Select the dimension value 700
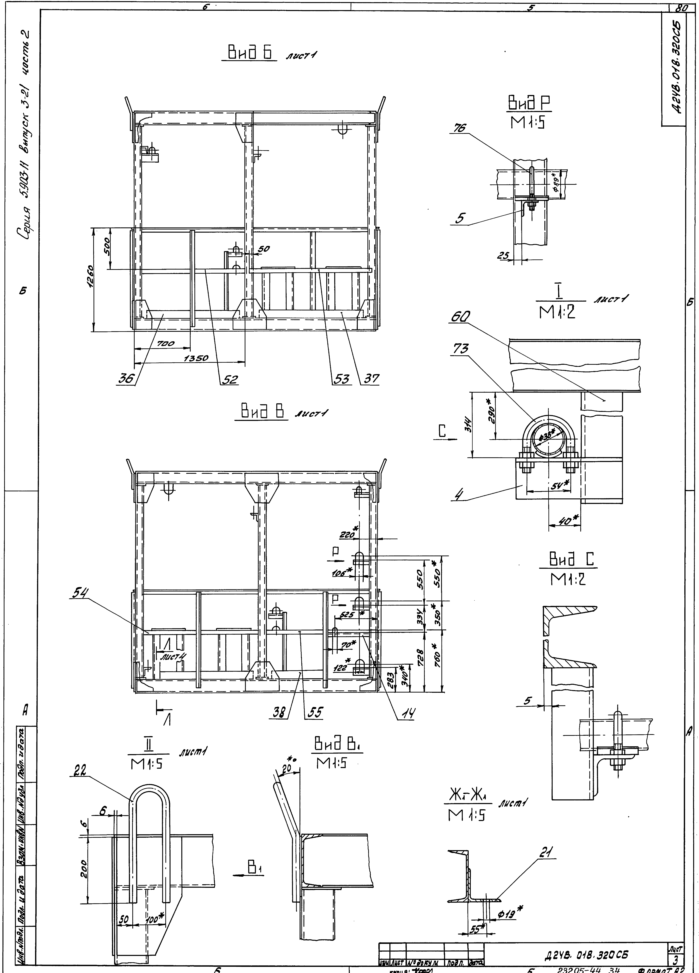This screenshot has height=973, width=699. (x=166, y=344)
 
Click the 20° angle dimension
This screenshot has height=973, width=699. (x=285, y=769)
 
